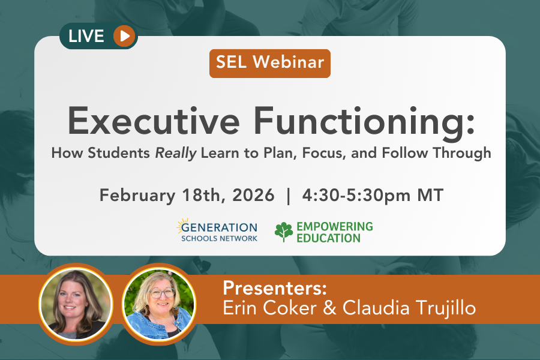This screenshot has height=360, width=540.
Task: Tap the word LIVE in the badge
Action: (86, 36)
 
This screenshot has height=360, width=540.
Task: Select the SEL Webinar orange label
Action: (269, 63)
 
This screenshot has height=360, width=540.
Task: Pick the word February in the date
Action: (136, 196)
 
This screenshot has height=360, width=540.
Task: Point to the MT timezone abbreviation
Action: (430, 196)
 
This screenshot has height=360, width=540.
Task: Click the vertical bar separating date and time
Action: (288, 196)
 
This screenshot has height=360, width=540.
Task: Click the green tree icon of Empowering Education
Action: (283, 232)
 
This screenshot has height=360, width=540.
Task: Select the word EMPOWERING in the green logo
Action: (334, 226)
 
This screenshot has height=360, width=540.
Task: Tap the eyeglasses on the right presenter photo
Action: (160, 293)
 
